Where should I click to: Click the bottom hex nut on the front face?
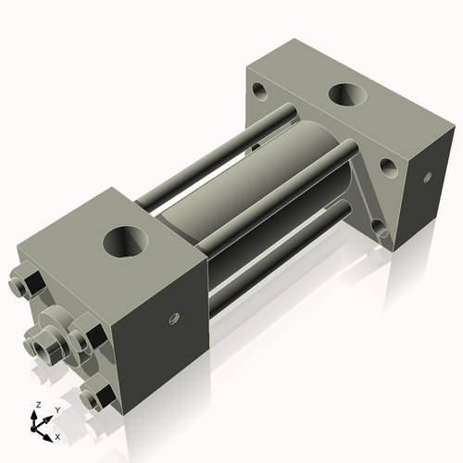(x=95, y=399)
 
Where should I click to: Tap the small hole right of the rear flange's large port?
(x=388, y=167)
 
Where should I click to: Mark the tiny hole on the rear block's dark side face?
(x=427, y=176)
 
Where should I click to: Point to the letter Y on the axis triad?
(x=56, y=409)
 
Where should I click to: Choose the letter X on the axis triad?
(x=57, y=436)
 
